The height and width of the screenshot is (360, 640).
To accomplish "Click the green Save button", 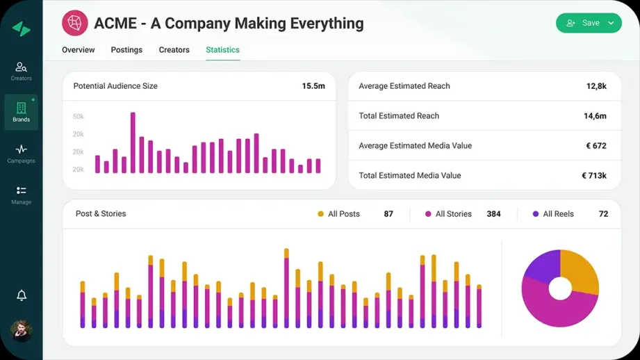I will pos(588,23).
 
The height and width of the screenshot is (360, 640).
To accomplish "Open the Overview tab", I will pos(79,50).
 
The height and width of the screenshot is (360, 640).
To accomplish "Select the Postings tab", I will pos(126,50).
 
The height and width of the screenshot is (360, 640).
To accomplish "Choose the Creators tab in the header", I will pos(174,50).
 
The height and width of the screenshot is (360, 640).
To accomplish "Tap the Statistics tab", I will pos(222,50).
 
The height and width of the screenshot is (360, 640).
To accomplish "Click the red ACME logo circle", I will pos(74,23).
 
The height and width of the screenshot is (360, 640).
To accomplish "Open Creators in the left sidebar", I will pos(21,71).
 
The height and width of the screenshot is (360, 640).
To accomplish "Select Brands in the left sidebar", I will pos(21,112).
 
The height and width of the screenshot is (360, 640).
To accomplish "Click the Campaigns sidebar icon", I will pos(21,153).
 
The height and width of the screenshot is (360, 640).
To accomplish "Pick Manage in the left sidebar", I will pos(21,194).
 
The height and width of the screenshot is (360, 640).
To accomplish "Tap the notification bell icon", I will pos(22,295).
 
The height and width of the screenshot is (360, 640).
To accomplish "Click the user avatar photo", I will pos(22,330).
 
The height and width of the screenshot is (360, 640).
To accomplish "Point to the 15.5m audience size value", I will pos(313,86).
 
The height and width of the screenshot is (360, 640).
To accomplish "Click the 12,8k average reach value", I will pos(596,86).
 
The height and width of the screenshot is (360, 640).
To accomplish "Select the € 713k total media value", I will pos(594,176).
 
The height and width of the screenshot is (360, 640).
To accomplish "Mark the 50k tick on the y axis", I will pos(78,116).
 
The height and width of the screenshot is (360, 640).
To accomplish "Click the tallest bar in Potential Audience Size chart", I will pos(133,142).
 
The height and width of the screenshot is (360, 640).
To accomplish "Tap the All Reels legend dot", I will pos(535,214).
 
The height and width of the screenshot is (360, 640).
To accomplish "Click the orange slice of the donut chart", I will pos(580,270).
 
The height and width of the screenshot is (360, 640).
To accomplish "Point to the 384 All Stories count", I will pos(493,214).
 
